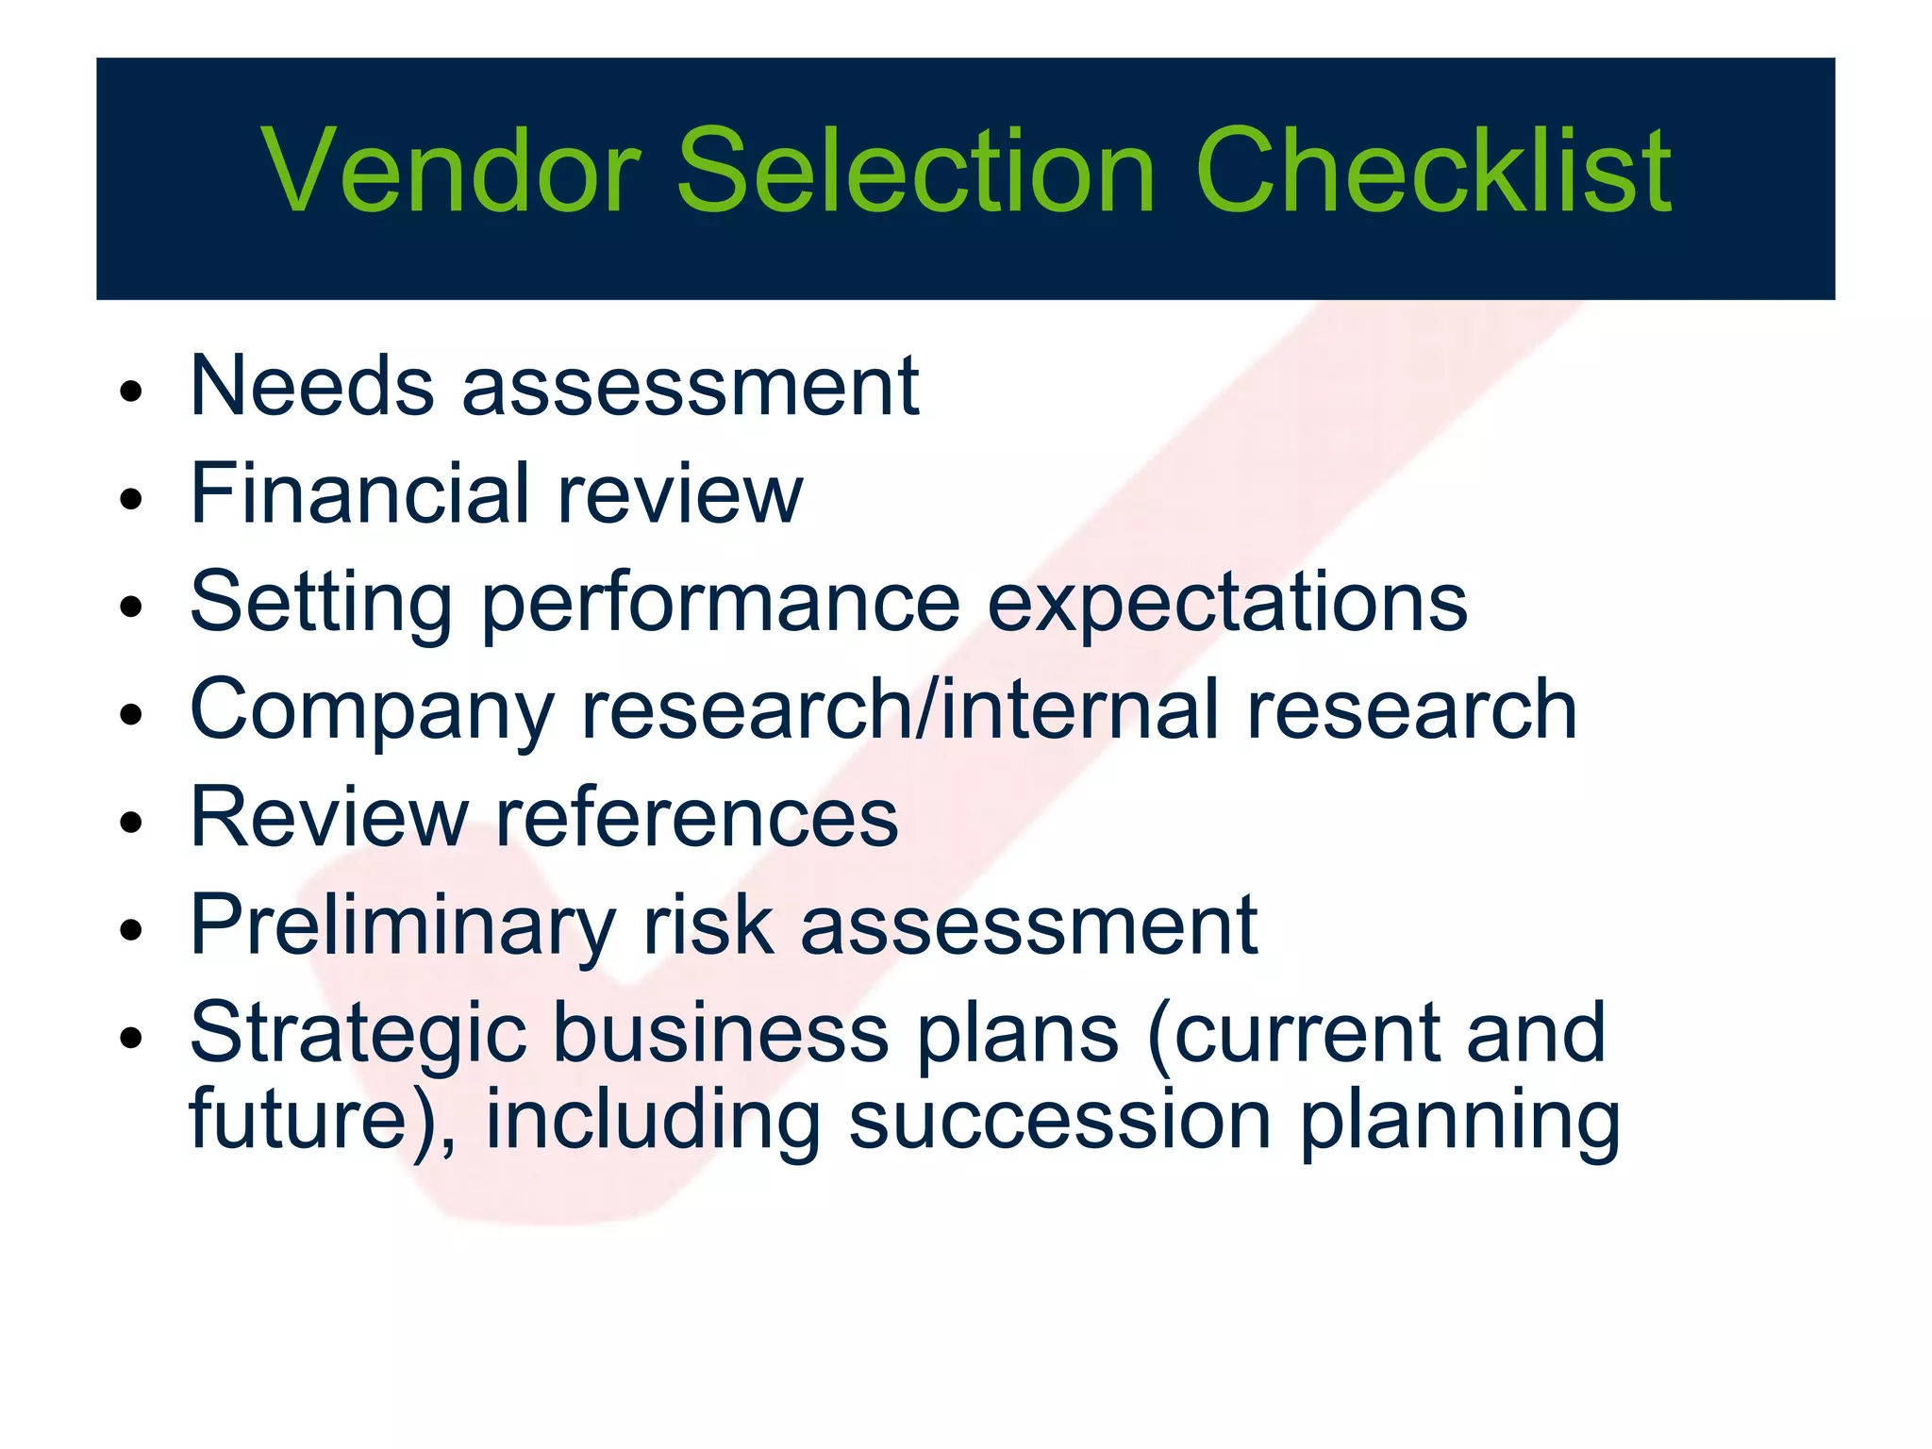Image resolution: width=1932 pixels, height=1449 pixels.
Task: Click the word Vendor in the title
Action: [451, 172]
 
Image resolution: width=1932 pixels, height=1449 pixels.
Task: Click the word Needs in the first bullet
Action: [311, 386]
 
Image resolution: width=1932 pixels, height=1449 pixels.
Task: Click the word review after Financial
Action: [679, 495]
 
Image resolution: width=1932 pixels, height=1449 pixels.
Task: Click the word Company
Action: [372, 712]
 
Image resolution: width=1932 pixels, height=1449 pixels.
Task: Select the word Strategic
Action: [358, 1036]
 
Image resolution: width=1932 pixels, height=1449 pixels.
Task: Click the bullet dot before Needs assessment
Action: [131, 391]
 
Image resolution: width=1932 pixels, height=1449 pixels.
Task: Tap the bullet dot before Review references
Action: [131, 822]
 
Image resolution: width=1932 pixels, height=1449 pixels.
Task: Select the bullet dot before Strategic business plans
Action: [131, 1038]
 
